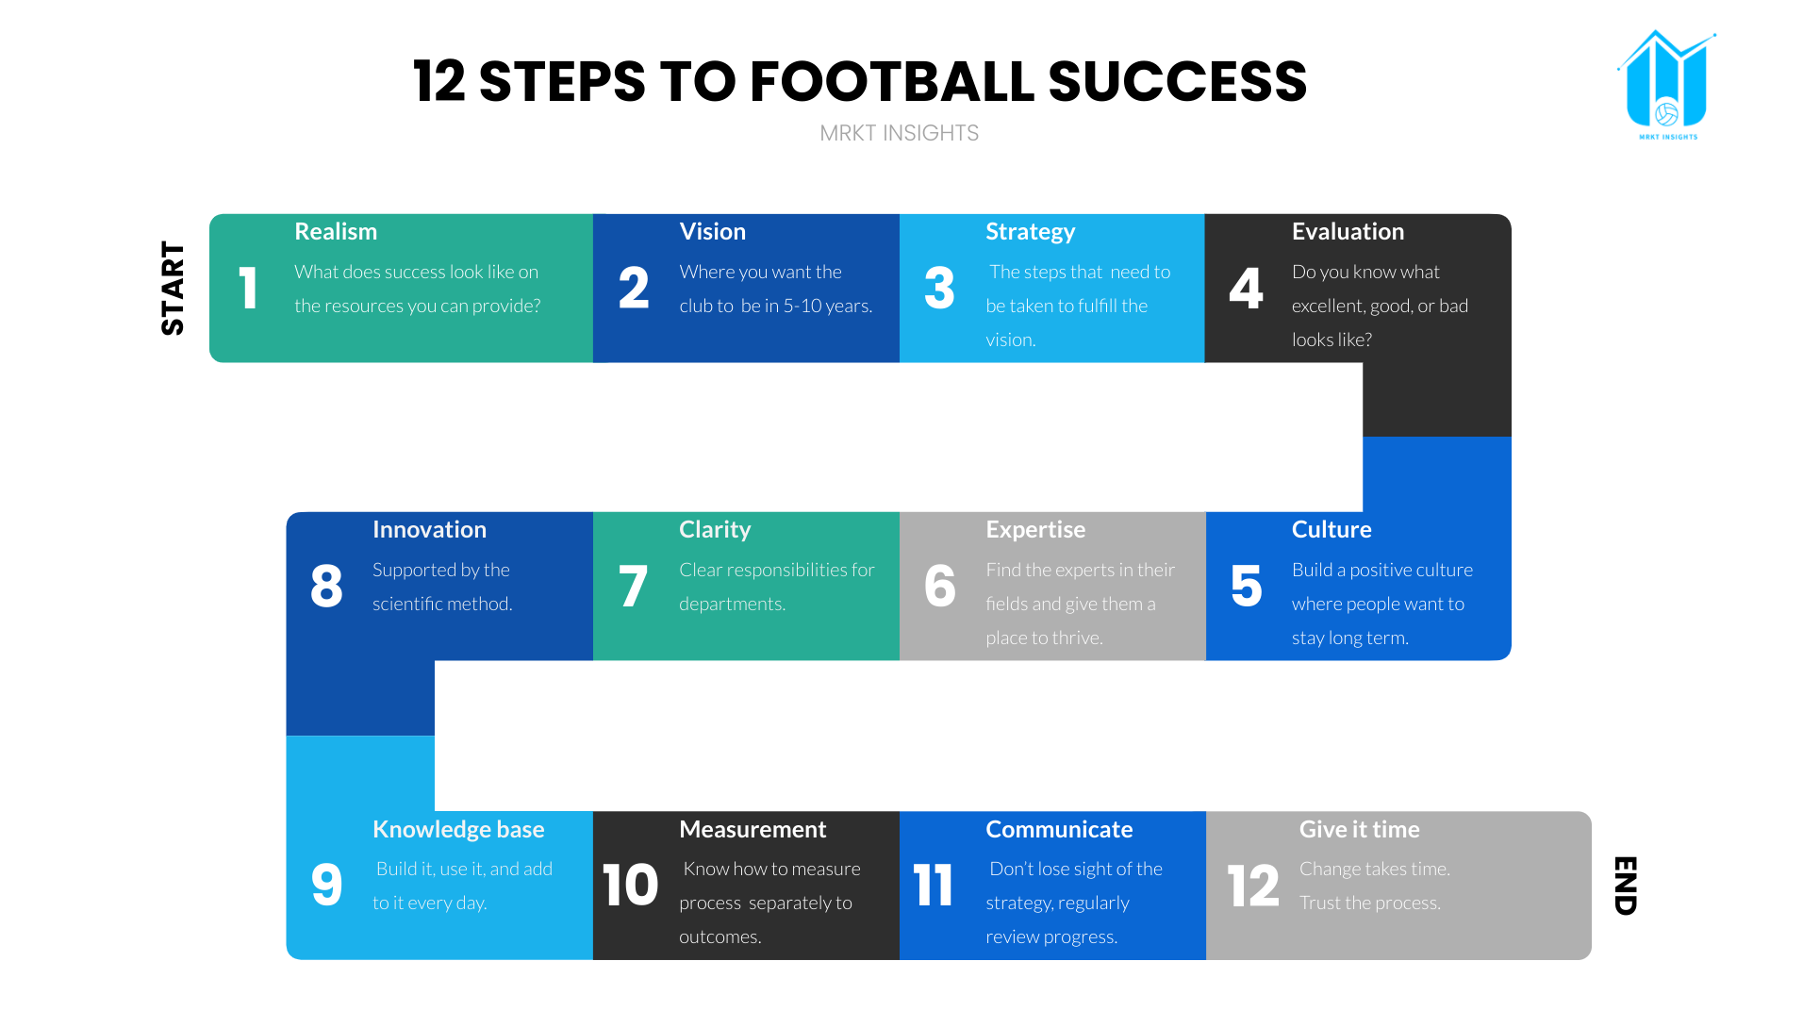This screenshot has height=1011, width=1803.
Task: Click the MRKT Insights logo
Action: [1666, 85]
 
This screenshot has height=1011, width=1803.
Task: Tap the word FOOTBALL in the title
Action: [890, 81]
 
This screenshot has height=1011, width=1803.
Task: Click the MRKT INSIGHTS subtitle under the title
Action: [899, 133]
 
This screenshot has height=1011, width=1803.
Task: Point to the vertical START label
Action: [173, 288]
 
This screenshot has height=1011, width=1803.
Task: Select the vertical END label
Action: [1625, 885]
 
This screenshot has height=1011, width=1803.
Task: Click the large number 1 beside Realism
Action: [248, 289]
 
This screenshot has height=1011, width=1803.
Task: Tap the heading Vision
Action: [712, 231]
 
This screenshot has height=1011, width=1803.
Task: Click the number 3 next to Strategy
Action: [938, 289]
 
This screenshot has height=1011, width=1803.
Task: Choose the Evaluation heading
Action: [1347, 231]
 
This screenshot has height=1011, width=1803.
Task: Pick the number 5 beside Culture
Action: [1245, 586]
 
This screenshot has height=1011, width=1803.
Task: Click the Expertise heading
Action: [1034, 529]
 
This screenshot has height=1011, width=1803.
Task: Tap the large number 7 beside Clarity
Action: [632, 586]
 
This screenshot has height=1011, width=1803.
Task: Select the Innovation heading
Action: [429, 529]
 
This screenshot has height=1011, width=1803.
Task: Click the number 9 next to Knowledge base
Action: [326, 885]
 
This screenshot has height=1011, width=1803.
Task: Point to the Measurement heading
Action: [752, 829]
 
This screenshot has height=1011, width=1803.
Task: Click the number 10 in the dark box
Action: [630, 885]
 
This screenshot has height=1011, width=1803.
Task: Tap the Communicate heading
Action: [1058, 829]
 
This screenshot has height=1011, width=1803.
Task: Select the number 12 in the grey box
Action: [1252, 886]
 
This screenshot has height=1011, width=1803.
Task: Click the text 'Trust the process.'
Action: [1369, 903]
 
